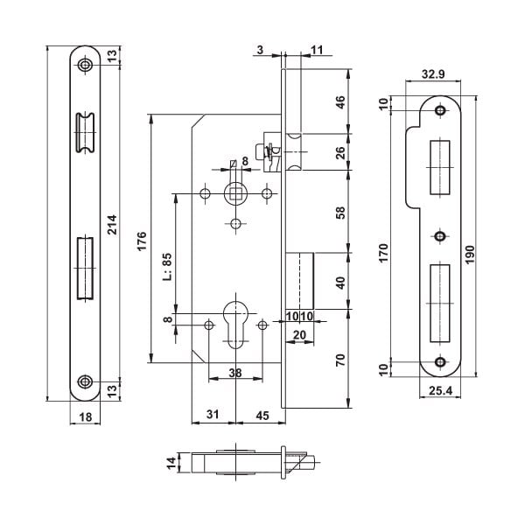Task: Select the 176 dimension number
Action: coord(143,240)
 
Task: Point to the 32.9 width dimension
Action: coord(430,75)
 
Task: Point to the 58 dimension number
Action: coord(340,212)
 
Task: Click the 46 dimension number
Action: coord(340,101)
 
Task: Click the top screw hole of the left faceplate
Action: coord(85,66)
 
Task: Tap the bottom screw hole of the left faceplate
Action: coord(85,381)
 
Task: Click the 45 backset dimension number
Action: coord(262,415)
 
